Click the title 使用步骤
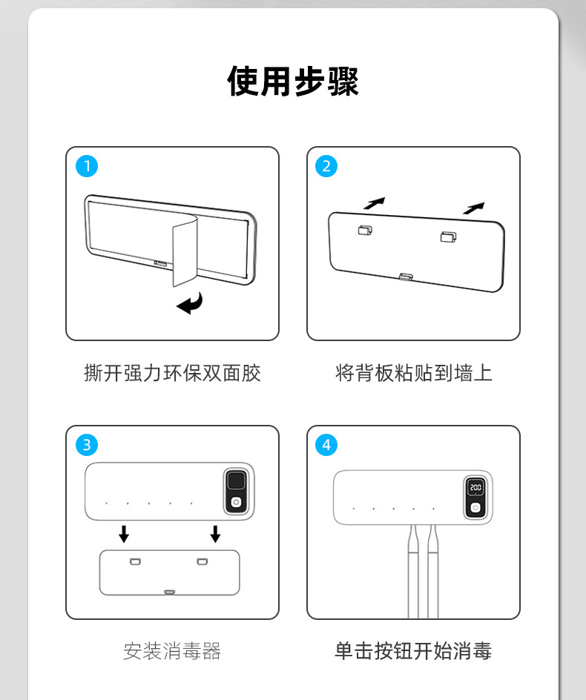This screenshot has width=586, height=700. pyautogui.click(x=293, y=82)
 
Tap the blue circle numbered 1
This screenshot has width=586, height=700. pyautogui.click(x=87, y=166)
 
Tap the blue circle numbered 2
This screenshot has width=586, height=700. pyautogui.click(x=326, y=166)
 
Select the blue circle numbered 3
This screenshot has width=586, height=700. pyautogui.click(x=87, y=445)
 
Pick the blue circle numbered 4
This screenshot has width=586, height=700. pyautogui.click(x=326, y=445)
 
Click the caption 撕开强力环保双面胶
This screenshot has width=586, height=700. pyautogui.click(x=172, y=373)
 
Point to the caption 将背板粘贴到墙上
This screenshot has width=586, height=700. pyautogui.click(x=414, y=373)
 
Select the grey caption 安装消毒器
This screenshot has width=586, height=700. pyautogui.click(x=172, y=651)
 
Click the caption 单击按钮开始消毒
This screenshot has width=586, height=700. pyautogui.click(x=413, y=651)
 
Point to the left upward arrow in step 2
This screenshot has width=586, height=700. pyautogui.click(x=375, y=203)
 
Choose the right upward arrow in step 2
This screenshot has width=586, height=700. pyautogui.click(x=473, y=208)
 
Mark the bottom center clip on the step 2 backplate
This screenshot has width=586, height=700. pyautogui.click(x=406, y=277)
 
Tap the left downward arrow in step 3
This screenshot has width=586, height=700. pyautogui.click(x=124, y=533)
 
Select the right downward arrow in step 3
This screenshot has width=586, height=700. pyautogui.click(x=215, y=533)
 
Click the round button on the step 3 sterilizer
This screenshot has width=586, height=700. pyautogui.click(x=236, y=503)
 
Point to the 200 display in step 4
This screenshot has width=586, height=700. pyautogui.click(x=475, y=487)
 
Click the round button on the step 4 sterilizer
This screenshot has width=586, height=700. pyautogui.click(x=475, y=508)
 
